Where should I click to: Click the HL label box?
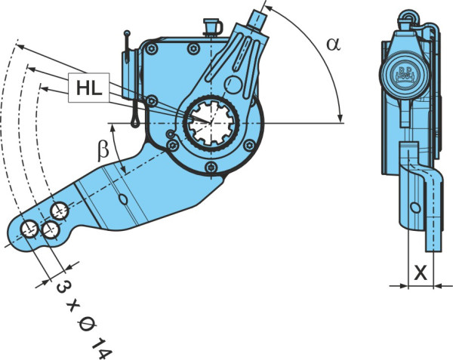(x=89, y=88)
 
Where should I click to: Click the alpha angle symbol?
(x=334, y=45)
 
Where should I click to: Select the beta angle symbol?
(x=103, y=150)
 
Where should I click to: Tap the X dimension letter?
(x=421, y=273)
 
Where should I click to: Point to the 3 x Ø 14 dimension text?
(x=84, y=321)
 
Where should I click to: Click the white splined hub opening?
(x=211, y=123)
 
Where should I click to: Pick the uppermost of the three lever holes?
(x=59, y=211)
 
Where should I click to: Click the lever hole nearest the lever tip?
(x=29, y=229)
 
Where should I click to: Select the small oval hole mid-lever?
(x=123, y=199)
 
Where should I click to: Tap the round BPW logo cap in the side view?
(x=405, y=75)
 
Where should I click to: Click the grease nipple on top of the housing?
(x=213, y=26)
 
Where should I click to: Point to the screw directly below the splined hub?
(x=211, y=167)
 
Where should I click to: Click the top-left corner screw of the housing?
(x=151, y=48)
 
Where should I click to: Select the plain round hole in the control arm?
(x=233, y=85)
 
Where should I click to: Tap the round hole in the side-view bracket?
(x=415, y=208)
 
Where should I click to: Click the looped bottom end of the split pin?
(x=135, y=121)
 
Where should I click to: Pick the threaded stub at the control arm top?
(x=257, y=19)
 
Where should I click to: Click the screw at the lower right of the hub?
(x=249, y=145)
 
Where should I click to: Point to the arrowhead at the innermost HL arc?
(x=44, y=88)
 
